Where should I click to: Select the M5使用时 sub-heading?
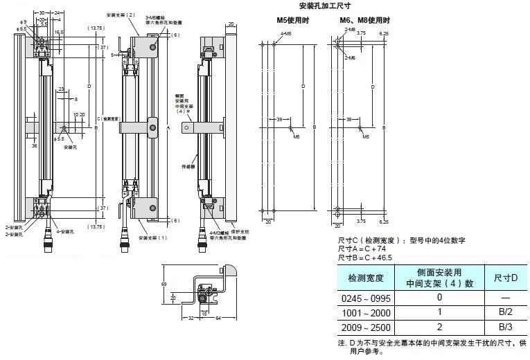tap(291, 20)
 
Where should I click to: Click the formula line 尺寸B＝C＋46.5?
tap(365, 257)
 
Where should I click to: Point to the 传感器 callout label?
tap(188, 166)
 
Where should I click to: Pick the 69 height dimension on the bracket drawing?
tap(164, 284)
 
